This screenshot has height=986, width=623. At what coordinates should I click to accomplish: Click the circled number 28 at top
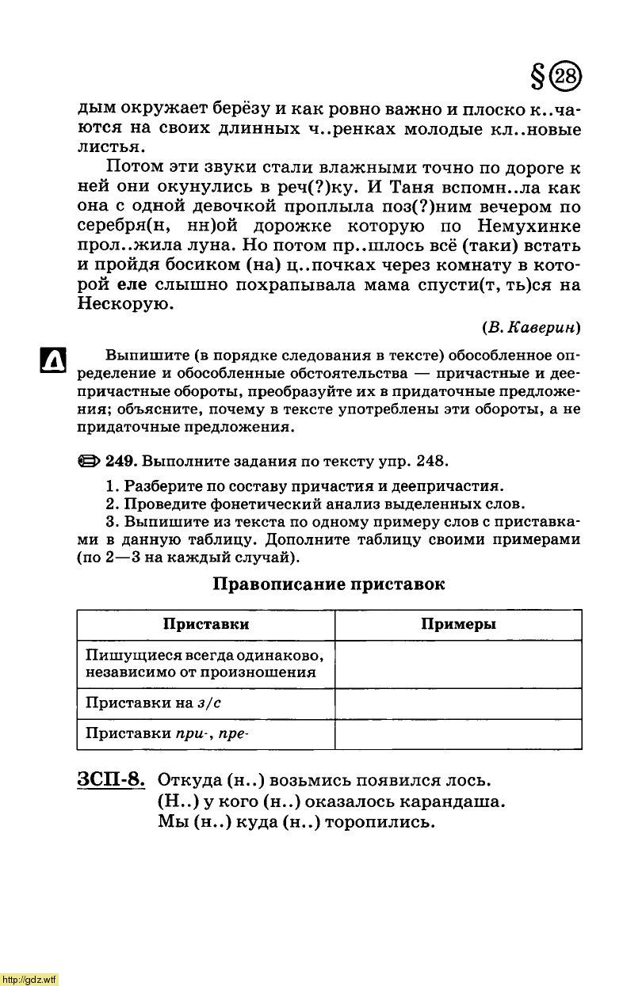point(566,77)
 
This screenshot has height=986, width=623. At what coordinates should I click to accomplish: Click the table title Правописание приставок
point(329,584)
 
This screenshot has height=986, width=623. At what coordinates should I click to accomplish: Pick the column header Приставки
point(206,624)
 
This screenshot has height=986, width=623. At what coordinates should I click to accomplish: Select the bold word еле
point(132,285)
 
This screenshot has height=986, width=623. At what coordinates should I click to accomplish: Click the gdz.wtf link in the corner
point(29,980)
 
